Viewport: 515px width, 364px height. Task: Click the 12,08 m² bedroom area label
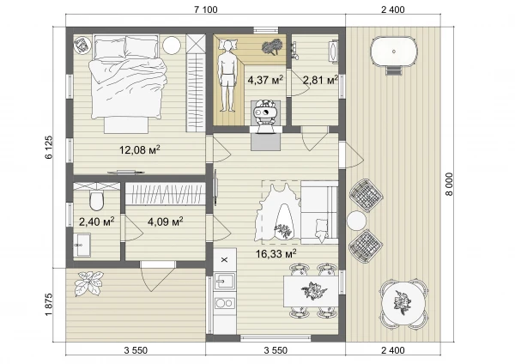pos(140,149)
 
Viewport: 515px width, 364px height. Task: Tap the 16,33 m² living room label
pos(276,253)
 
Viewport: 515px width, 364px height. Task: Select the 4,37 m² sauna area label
pos(265,80)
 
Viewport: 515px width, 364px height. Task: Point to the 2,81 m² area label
pos(320,80)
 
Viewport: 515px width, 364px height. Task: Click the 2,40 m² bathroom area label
pos(96,221)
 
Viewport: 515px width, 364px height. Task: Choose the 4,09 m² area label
pos(165,221)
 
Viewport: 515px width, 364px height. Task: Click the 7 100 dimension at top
pos(206,9)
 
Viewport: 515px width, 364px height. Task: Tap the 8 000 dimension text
pos(449,185)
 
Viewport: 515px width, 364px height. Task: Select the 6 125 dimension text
pos(49,147)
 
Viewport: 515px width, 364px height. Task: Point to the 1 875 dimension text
pos(49,305)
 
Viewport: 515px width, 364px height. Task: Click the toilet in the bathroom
pos(96,200)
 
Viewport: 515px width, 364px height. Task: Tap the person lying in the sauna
pos(227,76)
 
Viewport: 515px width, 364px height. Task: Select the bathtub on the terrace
pos(394,52)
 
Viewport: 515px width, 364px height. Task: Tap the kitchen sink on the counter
pos(225,282)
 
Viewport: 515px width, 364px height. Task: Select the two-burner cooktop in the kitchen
pos(225,303)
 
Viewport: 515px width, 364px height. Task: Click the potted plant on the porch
pos(88,283)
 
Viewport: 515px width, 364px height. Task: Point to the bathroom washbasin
pos(82,245)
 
